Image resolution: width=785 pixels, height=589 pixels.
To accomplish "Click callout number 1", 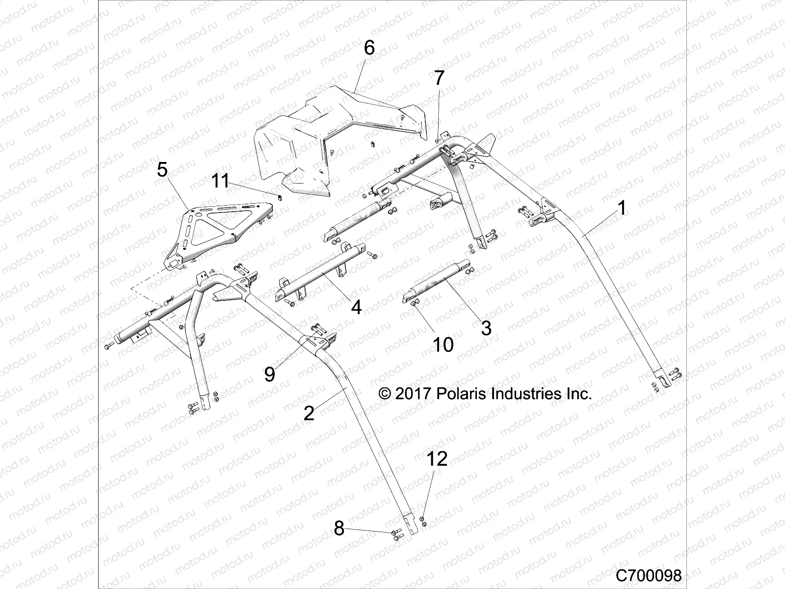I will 622,209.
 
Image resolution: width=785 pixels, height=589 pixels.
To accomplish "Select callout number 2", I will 309,413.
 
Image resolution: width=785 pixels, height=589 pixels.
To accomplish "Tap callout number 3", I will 486,328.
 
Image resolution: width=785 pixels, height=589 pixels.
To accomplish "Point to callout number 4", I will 356,308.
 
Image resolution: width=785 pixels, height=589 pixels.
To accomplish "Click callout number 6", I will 369,48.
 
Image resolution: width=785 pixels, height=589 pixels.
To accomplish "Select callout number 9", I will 269,375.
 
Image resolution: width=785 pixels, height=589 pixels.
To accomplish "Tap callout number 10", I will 443,345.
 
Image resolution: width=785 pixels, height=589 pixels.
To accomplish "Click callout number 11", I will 220,181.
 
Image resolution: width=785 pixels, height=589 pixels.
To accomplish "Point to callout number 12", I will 437,459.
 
